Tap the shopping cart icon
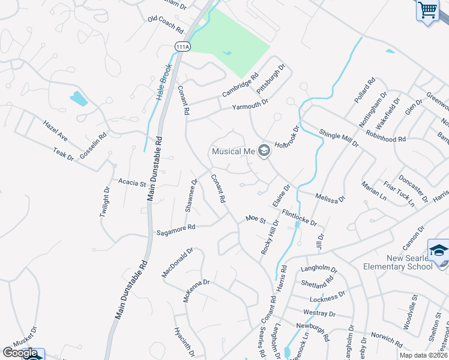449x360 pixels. [x=427, y=10]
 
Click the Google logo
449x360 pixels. [x=20, y=353]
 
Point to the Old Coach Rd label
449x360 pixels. [x=165, y=23]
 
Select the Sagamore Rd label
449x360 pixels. [x=176, y=228]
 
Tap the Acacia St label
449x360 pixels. [x=132, y=182]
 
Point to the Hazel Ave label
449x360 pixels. [x=55, y=131]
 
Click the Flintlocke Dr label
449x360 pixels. [x=299, y=217]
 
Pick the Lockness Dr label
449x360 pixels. [x=327, y=297]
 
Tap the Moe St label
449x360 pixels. [x=256, y=220]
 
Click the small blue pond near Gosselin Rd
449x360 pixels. [x=79, y=98]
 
